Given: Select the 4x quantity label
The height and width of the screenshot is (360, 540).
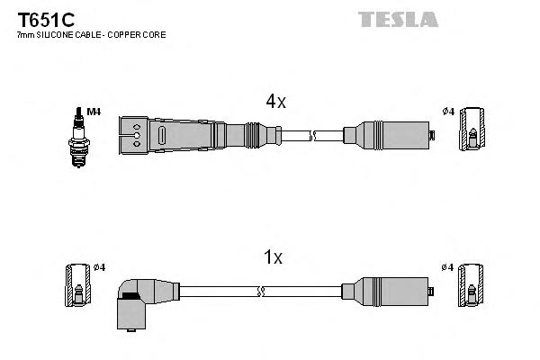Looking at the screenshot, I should [275, 102].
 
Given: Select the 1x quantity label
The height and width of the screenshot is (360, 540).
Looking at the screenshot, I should [273, 257].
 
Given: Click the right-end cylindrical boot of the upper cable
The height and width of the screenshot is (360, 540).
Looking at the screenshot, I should [387, 136].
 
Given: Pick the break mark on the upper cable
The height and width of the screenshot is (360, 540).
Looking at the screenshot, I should [313, 136].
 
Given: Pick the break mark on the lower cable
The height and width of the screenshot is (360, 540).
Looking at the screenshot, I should [260, 291].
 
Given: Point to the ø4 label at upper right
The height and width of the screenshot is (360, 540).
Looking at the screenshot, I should [447, 112].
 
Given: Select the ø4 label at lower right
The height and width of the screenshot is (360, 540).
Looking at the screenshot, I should [447, 267].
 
